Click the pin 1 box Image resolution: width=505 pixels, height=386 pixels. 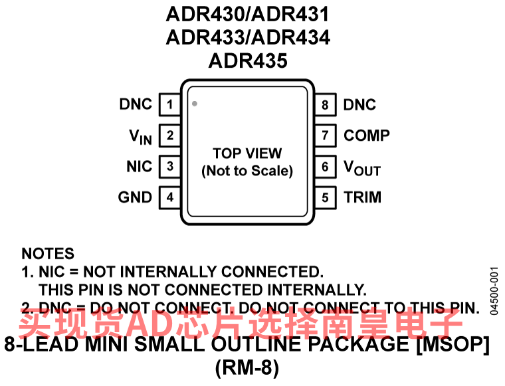tap(170, 104)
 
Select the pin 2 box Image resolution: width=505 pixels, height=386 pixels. tap(170, 136)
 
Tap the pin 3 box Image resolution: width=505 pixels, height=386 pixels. tap(170, 166)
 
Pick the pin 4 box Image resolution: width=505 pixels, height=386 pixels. tap(170, 197)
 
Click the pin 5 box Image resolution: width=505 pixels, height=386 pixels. tap(325, 197)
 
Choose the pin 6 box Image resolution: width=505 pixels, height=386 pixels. tap(325, 166)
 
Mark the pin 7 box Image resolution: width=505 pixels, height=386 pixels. tap(325, 136)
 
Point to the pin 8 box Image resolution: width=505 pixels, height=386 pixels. tap(325, 104)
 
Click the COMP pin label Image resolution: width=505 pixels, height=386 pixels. tap(366, 136)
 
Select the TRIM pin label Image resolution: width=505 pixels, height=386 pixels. tap(362, 197)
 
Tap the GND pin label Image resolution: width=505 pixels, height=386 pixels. tap(135, 197)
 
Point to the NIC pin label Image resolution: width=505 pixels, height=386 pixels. tap(139, 166)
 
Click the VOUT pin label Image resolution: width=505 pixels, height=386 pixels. tap(361, 167)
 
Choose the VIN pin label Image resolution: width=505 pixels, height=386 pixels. tap(141, 137)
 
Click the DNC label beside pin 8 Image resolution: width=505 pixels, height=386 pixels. tap(359, 104)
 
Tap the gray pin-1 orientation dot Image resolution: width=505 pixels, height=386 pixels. tap(195, 104)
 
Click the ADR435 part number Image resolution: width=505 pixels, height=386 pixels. tap(248, 61)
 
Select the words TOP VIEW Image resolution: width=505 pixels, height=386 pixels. tap(247, 153)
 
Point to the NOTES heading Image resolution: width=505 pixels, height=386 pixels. tap(48, 254)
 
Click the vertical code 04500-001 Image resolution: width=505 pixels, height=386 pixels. tap(493, 291)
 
